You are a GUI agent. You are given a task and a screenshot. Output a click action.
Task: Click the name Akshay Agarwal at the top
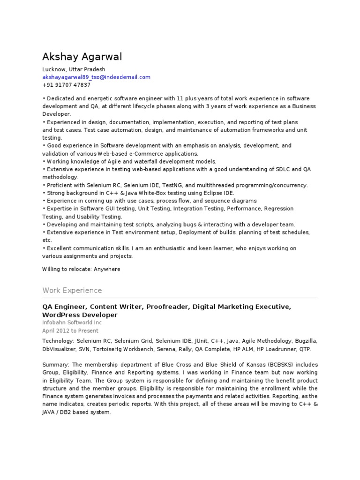(82, 57)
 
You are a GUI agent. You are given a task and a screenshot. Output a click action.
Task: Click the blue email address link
(96, 77)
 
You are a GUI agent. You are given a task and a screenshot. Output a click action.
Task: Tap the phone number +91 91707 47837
(66, 85)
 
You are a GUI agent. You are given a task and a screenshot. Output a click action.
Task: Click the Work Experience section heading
(72, 290)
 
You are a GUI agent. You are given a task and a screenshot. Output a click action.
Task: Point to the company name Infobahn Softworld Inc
(72, 322)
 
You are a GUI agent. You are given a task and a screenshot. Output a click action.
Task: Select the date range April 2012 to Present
(70, 330)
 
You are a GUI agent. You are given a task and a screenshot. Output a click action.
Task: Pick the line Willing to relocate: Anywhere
(81, 269)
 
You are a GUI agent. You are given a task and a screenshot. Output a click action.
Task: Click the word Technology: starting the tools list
(58, 341)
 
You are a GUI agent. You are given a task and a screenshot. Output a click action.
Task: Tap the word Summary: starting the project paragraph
(56, 365)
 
